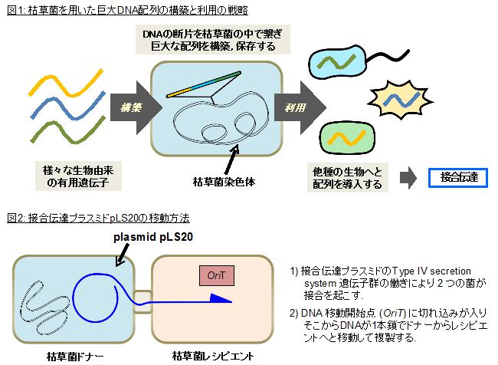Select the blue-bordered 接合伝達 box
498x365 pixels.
click(x=459, y=178)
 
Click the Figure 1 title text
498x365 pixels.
click(x=126, y=9)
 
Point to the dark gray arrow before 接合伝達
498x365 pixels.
click(x=411, y=178)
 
